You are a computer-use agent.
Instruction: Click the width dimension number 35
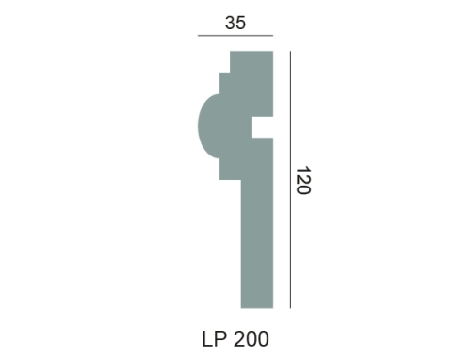[235, 23]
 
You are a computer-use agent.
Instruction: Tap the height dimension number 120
[303, 180]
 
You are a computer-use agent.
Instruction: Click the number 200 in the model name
[252, 339]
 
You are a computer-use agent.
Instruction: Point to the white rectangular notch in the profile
[262, 127]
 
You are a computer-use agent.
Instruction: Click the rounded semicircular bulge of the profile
[208, 126]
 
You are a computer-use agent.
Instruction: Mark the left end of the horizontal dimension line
[198, 36]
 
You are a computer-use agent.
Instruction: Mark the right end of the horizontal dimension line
[273, 36]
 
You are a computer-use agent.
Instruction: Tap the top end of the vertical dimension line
[290, 51]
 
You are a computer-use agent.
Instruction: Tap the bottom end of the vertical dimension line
[290, 308]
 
